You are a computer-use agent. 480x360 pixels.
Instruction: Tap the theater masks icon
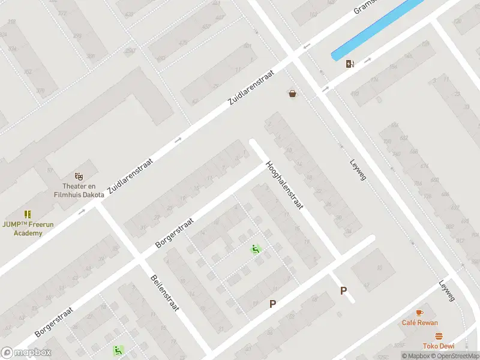78,176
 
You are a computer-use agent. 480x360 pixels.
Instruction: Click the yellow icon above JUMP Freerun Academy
28,214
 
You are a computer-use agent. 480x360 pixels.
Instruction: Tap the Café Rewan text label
420,323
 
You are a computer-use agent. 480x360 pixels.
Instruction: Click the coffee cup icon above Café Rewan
419,313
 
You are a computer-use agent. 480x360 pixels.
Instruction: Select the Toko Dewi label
438,346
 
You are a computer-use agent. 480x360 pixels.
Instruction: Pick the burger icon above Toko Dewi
439,336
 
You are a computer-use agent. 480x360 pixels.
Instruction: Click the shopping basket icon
292,94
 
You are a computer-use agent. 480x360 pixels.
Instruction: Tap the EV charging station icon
350,64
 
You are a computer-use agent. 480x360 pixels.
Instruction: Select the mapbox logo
26,352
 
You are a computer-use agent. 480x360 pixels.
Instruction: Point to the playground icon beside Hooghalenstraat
256,250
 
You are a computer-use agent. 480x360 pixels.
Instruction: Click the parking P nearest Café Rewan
344,291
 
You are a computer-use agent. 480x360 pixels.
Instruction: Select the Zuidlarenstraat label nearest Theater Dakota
131,177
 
